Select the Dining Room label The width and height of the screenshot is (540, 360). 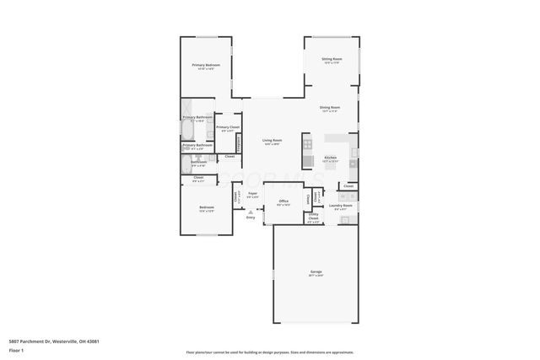[x=329, y=107]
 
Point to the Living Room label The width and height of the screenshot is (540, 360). [x=272, y=140]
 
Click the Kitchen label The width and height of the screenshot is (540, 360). [x=331, y=157]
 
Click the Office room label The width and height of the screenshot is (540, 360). [x=283, y=201]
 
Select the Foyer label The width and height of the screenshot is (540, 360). [x=252, y=194]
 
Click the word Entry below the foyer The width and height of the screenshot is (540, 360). [x=251, y=218]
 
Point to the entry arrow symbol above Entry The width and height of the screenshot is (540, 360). [x=251, y=211]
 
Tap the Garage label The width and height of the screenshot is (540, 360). [x=316, y=271]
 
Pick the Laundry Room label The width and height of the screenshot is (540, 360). [x=342, y=206]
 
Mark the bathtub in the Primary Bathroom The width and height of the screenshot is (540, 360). [x=186, y=129]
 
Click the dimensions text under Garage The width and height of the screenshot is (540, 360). [x=316, y=277]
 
